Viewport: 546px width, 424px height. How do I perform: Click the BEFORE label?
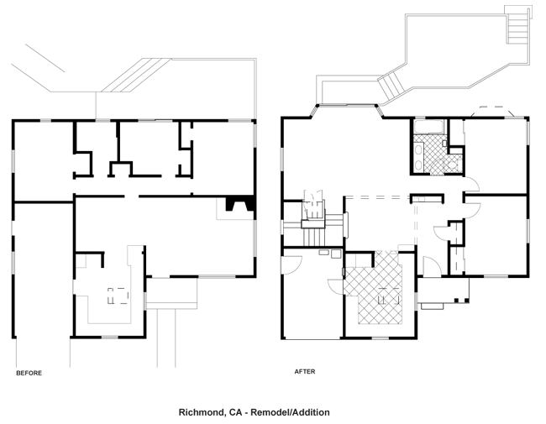coord(29,373)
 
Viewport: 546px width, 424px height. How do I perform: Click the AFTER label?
coord(305,371)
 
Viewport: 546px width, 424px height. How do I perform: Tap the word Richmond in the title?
coord(201,412)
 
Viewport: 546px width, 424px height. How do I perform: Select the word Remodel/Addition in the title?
coord(290,412)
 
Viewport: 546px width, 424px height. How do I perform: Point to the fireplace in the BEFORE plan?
coord(240,204)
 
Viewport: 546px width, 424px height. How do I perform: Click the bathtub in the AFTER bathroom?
coord(428,127)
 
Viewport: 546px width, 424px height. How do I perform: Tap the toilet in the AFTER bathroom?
coord(452,165)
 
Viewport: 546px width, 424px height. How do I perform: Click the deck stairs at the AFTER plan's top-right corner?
coord(517,24)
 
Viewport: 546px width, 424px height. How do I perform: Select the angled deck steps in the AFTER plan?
coord(392,86)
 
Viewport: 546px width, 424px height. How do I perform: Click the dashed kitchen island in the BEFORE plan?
coord(118,296)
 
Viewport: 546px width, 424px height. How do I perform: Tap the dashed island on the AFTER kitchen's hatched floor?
coord(388,296)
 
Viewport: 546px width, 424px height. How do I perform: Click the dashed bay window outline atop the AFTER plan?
coord(492,111)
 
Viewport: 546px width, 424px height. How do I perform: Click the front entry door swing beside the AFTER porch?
coord(432,266)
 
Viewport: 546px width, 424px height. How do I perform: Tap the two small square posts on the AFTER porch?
coord(462,300)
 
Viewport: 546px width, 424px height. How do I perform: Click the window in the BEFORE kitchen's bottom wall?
coord(109,337)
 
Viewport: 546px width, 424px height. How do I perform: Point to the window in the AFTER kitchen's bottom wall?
coord(381,338)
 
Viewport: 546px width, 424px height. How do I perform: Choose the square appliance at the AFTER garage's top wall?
coord(336,254)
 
